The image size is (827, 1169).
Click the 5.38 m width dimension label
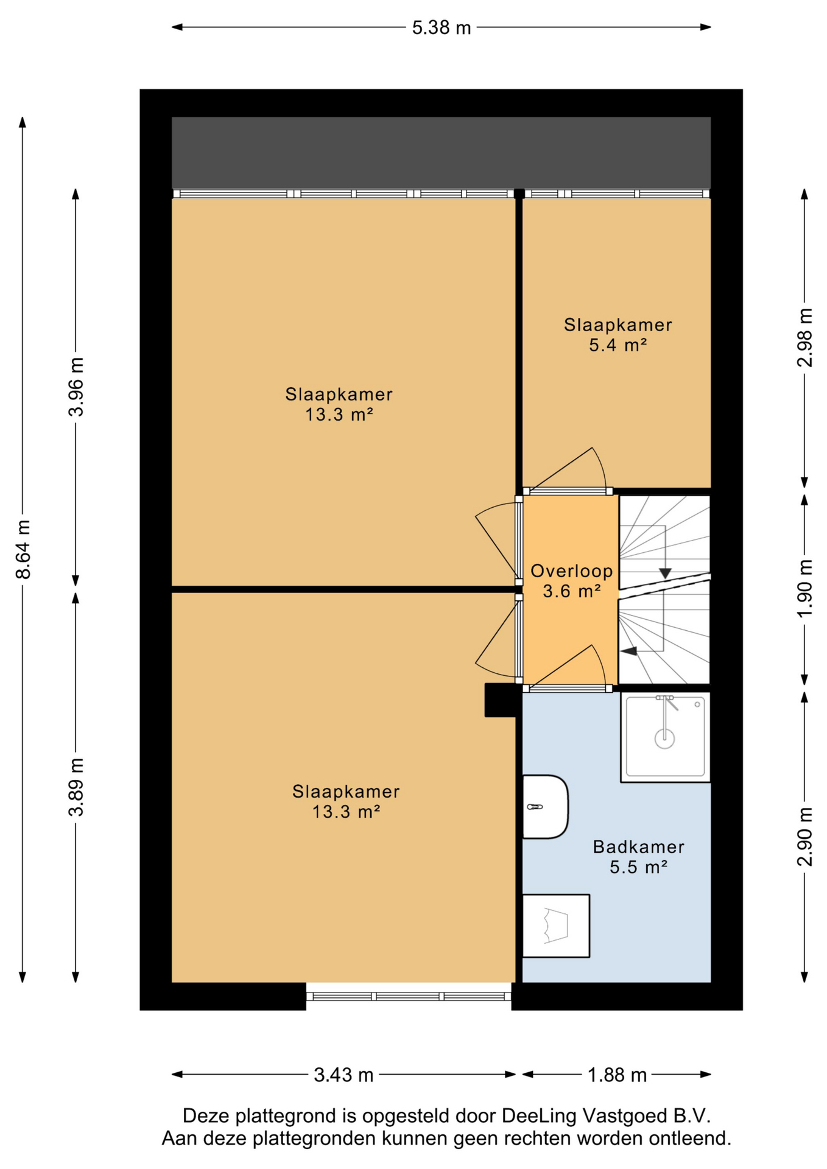click(442, 28)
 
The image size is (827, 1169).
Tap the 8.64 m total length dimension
click(23, 549)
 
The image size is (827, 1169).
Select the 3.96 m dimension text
click(76, 387)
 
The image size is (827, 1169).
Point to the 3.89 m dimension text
click(76, 787)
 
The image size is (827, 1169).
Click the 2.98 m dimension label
click(804, 337)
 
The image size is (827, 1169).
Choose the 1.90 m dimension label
click(804, 588)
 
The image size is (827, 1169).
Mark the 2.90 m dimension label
click(804, 837)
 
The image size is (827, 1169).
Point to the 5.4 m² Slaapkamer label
click(618, 335)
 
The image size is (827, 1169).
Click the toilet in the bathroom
click(556, 925)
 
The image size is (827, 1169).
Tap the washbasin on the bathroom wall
click(546, 807)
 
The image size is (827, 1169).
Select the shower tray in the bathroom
click(665, 737)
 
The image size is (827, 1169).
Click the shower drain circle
click(664, 739)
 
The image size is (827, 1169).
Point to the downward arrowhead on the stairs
click(665, 574)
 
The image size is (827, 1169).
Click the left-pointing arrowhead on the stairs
click(628, 651)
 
